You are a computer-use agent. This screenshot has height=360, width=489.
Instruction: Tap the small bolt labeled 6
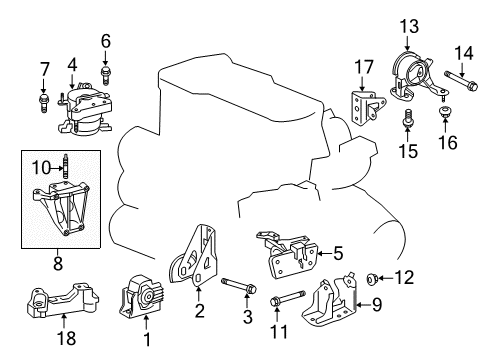tap(105, 71)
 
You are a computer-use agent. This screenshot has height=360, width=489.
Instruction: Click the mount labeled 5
tap(285, 256)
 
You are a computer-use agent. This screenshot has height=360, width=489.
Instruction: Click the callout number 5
tap(338, 253)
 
